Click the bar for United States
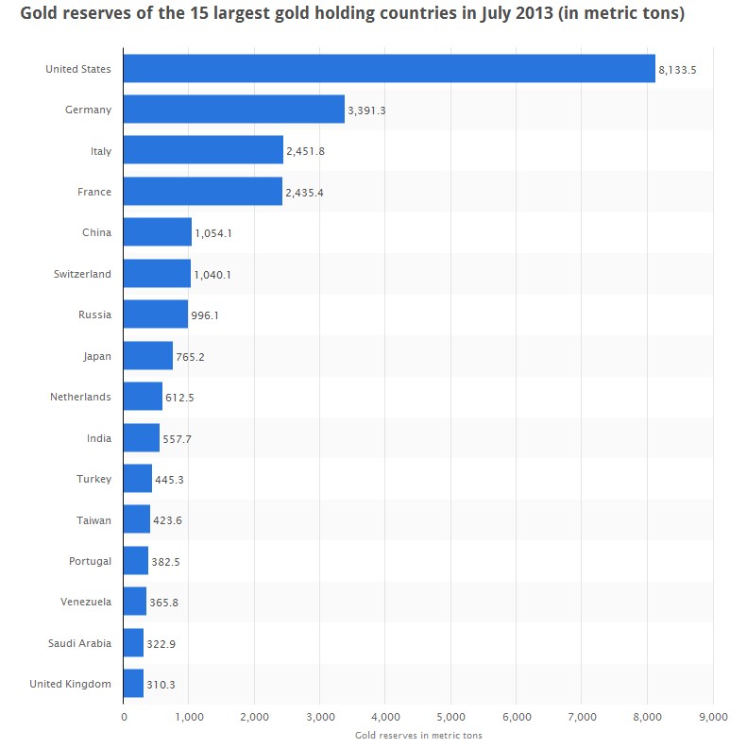click(x=389, y=69)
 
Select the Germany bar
click(x=234, y=110)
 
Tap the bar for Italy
click(x=203, y=151)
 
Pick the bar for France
click(x=202, y=192)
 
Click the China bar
click(x=158, y=232)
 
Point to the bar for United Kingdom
click(x=133, y=684)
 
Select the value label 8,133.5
click(x=677, y=70)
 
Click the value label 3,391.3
click(x=366, y=110)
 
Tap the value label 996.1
click(x=205, y=315)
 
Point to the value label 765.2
click(x=190, y=357)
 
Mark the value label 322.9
click(x=161, y=643)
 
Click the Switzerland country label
click(x=82, y=274)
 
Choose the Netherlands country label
click(x=80, y=397)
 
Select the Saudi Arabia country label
click(x=79, y=643)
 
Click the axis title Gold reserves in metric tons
click(x=418, y=735)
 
